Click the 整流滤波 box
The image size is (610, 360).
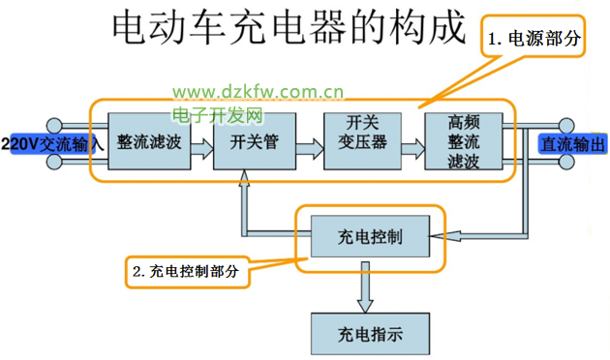pyautogui.click(x=149, y=141)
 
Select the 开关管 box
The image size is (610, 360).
pyautogui.click(x=255, y=141)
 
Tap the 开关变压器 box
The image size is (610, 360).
pyautogui.click(x=362, y=141)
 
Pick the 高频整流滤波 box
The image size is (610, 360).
pyautogui.click(x=464, y=141)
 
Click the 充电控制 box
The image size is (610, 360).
pyautogui.click(x=370, y=236)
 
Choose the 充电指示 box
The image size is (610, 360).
pyautogui.click(x=370, y=334)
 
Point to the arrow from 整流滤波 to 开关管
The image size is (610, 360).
pyautogui.click(x=202, y=148)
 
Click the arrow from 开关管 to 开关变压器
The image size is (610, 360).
pyautogui.click(x=310, y=148)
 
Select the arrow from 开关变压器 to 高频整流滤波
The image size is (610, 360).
pyautogui.click(x=413, y=148)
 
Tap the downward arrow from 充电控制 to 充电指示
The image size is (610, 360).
pyautogui.click(x=365, y=287)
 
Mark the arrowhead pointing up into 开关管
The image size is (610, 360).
pyautogui.click(x=244, y=178)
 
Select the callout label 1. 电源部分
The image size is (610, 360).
pyautogui.click(x=534, y=39)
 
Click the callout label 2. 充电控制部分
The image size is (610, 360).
pyautogui.click(x=186, y=271)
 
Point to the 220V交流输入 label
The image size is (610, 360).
pyautogui.click(x=52, y=144)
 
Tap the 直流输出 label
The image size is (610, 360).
pyautogui.click(x=573, y=144)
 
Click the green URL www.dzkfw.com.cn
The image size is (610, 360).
pyautogui.click(x=258, y=93)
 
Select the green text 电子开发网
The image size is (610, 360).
pyautogui.click(x=218, y=115)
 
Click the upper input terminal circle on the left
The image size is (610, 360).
pyautogui.click(x=54, y=126)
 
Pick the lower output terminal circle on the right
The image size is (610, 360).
pyautogui.click(x=566, y=162)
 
